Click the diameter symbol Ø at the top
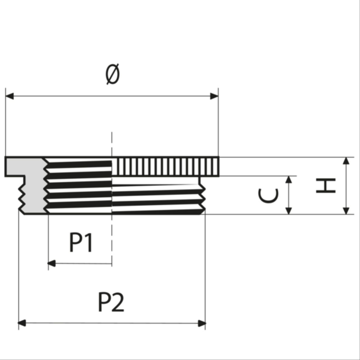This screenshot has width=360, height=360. (113, 74)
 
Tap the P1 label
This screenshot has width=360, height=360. (81, 243)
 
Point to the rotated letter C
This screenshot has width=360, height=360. (268, 196)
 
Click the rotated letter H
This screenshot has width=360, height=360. (326, 186)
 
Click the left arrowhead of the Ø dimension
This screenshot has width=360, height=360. (10, 96)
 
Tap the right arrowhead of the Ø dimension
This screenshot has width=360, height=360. (214, 96)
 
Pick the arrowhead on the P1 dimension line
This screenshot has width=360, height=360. (52, 263)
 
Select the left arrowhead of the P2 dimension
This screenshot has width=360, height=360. (22, 323)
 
